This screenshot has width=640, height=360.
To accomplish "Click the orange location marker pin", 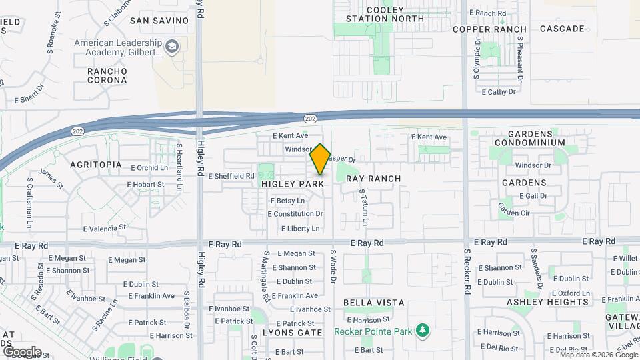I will click(320, 159).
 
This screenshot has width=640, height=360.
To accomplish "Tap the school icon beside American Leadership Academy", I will click(173, 47).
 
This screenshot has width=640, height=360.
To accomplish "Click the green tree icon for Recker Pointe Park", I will click(421, 331).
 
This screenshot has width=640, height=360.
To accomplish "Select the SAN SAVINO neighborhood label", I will click(159, 20).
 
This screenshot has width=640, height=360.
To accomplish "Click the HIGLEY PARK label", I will click(293, 183).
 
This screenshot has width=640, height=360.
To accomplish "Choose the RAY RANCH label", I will click(374, 179).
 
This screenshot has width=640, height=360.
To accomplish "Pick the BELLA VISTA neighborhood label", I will click(374, 303).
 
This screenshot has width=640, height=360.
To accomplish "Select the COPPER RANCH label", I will click(489, 29).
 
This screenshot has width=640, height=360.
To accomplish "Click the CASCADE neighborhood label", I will click(561, 29).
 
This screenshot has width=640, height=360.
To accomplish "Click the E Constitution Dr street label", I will click(295, 214).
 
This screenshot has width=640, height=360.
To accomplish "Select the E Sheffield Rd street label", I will click(231, 177).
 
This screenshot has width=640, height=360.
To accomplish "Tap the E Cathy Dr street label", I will click(498, 91).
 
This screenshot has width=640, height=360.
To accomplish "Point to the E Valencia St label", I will click(105, 228).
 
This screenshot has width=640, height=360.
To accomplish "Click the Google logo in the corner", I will click(21, 351).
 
